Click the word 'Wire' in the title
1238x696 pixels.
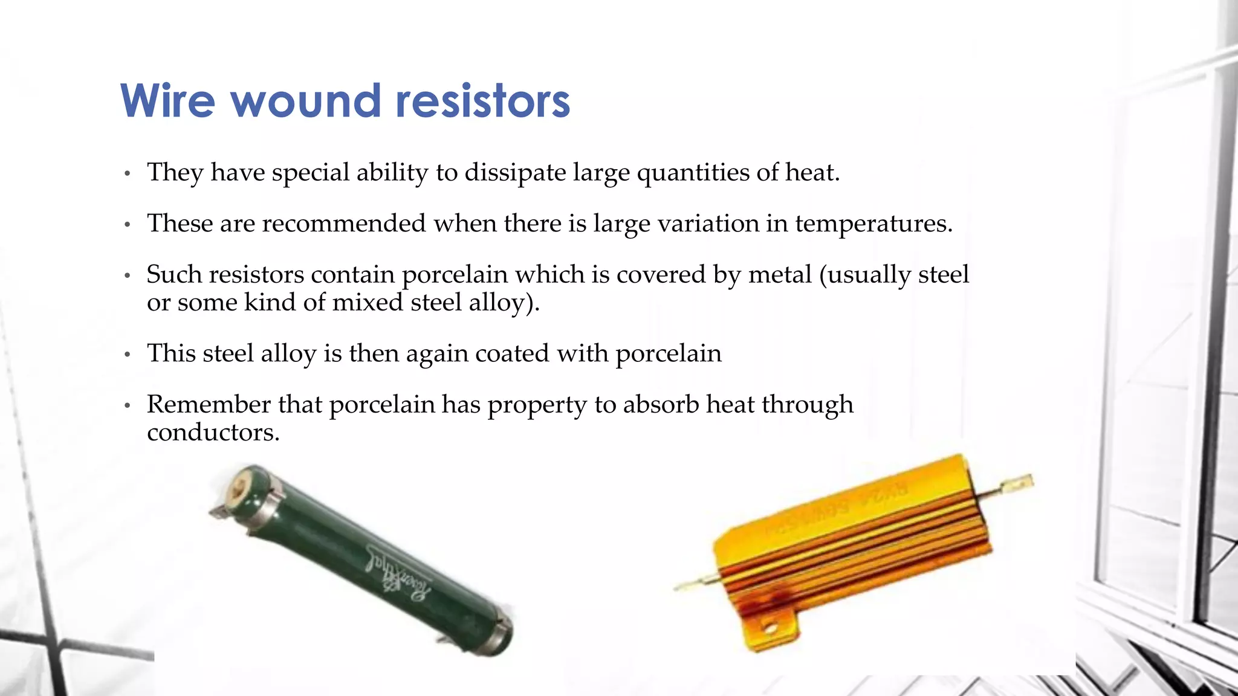(168, 100)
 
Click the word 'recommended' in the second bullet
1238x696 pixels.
(344, 224)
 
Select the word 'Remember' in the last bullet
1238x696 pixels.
(208, 405)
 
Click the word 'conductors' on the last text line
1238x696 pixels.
(210, 433)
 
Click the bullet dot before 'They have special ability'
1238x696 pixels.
(127, 174)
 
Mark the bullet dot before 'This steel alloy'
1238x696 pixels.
(127, 355)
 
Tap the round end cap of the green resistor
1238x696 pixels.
(246, 485)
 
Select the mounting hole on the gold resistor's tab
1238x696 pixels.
(770, 630)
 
